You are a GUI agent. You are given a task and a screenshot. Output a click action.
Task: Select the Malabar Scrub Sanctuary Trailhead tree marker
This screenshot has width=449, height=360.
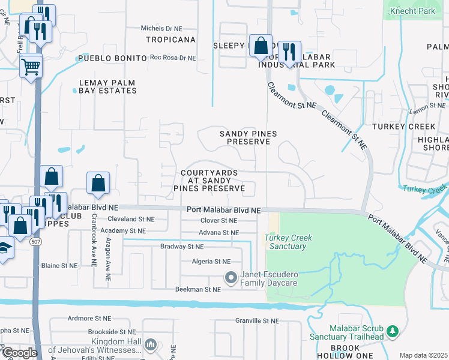pos(392,331)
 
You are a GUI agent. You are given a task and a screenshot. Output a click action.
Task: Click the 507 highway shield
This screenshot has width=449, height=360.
pos(36,241)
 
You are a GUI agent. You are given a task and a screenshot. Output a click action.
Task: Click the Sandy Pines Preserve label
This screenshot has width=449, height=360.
pos(245,137)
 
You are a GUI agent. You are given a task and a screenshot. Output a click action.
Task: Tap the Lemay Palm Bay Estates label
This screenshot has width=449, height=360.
pos(108,86)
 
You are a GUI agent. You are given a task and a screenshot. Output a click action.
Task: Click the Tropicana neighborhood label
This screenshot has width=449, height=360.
pos(171,40)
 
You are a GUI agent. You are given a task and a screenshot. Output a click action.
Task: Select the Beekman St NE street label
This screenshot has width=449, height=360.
pos(198,289)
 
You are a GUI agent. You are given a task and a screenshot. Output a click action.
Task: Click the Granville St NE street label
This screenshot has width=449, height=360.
pos(258,321)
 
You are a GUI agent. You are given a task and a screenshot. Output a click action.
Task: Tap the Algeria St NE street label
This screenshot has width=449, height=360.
pos(209,262)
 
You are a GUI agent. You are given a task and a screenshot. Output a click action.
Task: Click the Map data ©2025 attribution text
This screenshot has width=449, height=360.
pos(423,355)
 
